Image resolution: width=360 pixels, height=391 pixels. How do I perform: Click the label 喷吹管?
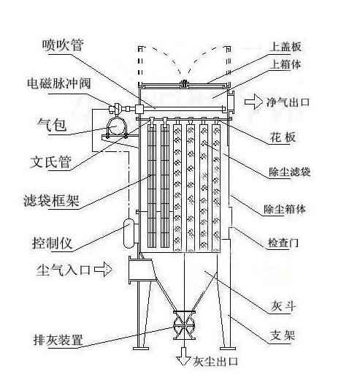[x=62, y=45]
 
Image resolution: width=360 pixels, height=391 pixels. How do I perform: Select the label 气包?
[x=50, y=125]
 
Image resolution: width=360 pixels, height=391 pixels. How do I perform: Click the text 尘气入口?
[x=64, y=270]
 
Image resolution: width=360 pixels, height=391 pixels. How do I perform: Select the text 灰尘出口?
[x=215, y=362]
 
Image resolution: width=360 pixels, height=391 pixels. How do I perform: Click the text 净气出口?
[x=289, y=104]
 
